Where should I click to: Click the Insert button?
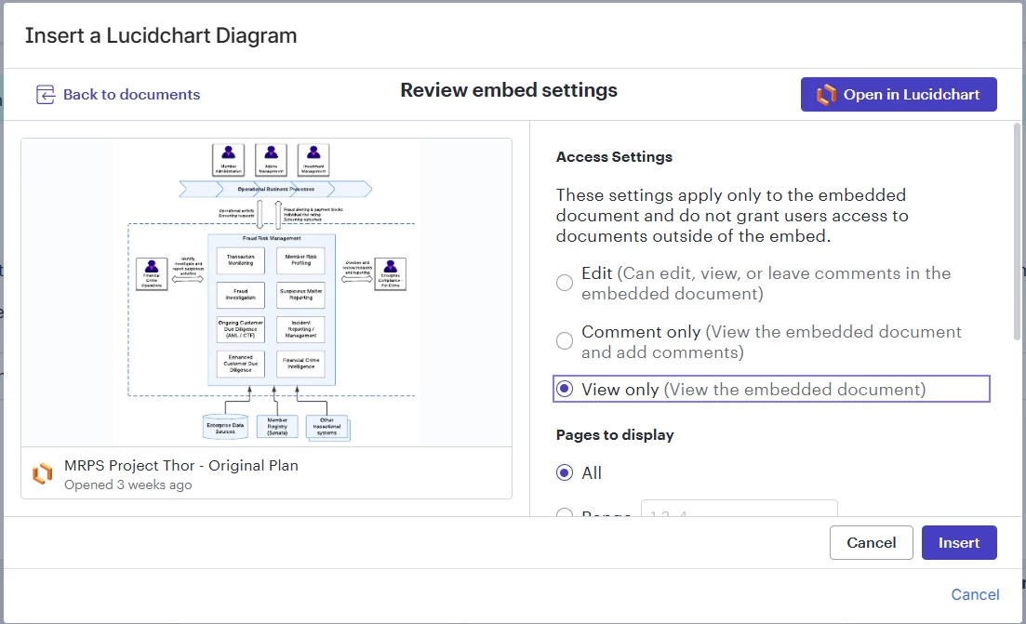[958, 543]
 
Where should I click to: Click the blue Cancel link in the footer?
[975, 594]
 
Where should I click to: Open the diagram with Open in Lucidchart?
[898, 95]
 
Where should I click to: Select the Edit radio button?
[565, 283]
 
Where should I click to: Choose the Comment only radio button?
[565, 341]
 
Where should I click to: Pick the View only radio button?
[565, 390]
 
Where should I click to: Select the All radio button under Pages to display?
[565, 472]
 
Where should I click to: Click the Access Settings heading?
[614, 157]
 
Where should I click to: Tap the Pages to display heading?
[615, 435]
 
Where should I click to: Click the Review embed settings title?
[509, 90]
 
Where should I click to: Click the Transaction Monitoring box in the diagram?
[240, 260]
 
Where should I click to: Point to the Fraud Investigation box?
[240, 295]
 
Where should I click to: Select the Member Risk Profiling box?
[300, 260]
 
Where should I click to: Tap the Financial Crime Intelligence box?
[300, 364]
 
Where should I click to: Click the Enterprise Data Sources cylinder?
[225, 427]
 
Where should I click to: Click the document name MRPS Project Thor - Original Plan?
[181, 465]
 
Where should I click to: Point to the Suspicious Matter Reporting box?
[300, 295]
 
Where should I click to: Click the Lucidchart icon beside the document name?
[42, 473]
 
